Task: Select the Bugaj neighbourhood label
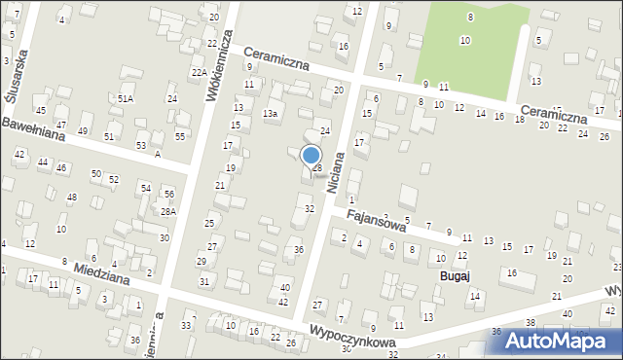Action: pos(454,276)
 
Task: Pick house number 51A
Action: pos(126,99)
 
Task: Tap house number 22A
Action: pos(198,73)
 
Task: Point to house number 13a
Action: pos(270,114)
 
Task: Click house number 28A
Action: pos(168,212)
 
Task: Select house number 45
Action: pos(40,111)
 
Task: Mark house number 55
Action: pos(179,136)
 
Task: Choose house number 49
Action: pos(83,131)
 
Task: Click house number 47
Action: pos(60,126)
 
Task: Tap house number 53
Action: pos(141,146)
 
